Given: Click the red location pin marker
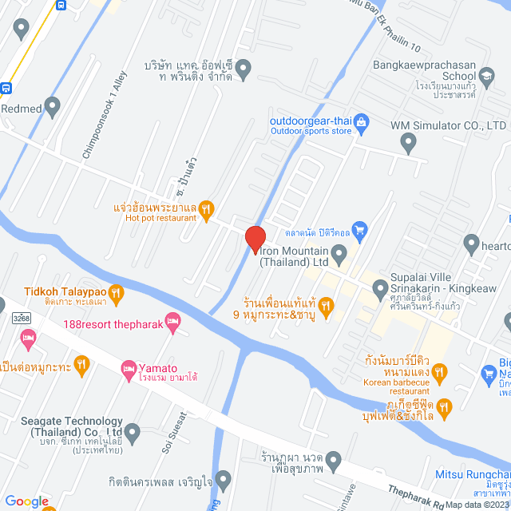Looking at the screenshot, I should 255,239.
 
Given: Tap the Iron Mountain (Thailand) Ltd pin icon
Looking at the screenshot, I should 339,255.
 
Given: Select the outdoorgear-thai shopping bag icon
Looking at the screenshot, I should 361,122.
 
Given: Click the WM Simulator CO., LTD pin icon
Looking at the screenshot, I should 409,145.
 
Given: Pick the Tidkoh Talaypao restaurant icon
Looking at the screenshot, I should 116,293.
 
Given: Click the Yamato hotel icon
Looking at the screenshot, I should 129,367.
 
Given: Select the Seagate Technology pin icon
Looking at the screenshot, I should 133,434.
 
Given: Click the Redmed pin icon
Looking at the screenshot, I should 53,105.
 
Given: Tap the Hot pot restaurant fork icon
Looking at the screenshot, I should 205,209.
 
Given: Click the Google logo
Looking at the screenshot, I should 26,501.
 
